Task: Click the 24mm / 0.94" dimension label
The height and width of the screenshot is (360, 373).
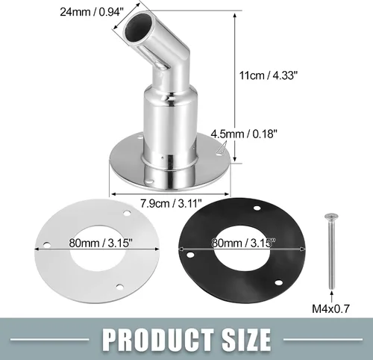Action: [x=92, y=12]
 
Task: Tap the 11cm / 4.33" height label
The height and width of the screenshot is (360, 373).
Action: [x=269, y=75]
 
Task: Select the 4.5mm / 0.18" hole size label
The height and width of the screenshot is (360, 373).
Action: [x=244, y=134]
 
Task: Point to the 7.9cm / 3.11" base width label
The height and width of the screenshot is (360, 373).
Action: [x=171, y=203]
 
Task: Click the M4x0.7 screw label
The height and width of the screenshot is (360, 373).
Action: [x=330, y=308]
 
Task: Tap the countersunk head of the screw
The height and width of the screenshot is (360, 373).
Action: [x=330, y=217]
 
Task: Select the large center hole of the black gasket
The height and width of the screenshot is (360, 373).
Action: [x=242, y=252]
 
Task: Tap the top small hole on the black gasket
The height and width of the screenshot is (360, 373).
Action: [x=257, y=208]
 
